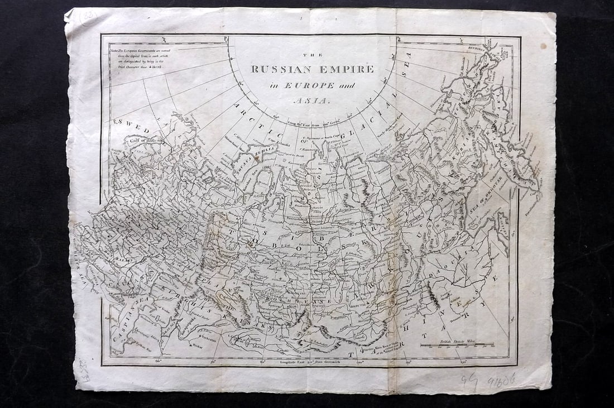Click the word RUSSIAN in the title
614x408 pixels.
click(277, 70)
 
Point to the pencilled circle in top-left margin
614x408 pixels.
click(88, 17)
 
